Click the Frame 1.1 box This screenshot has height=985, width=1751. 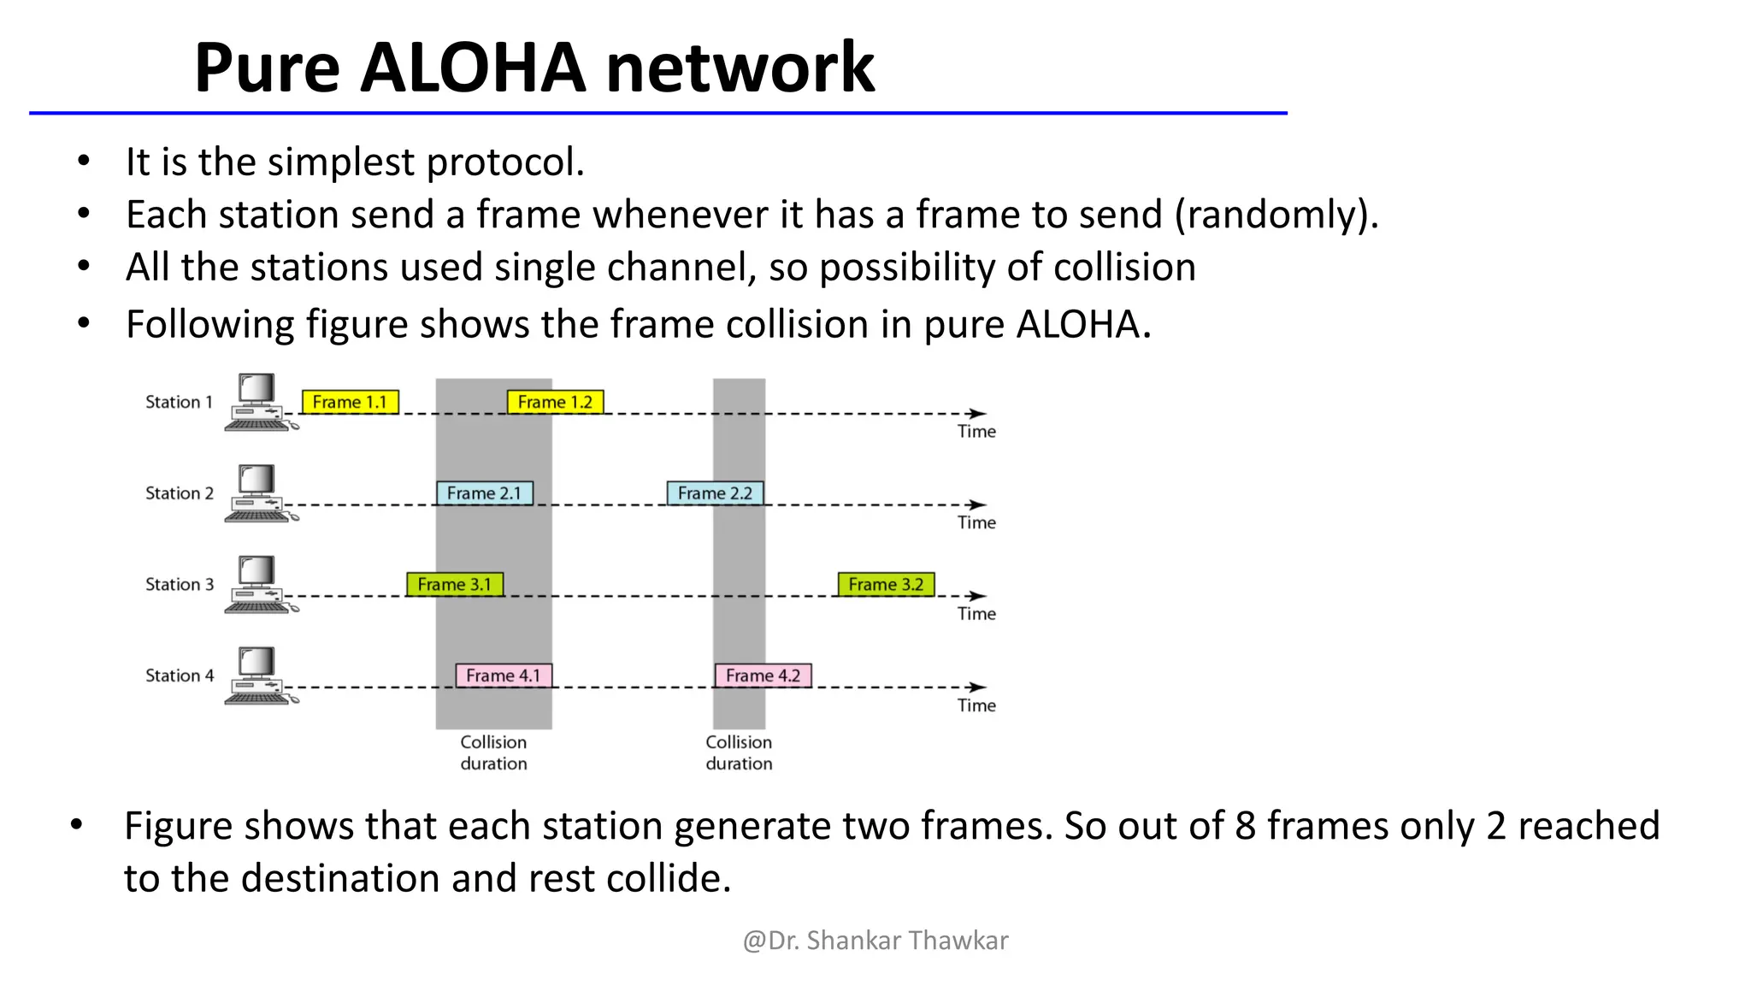350,402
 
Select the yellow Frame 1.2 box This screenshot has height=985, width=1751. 555,402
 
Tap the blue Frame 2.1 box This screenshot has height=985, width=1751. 484,493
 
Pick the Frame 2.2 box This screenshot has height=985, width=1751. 715,493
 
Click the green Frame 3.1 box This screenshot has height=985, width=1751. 454,585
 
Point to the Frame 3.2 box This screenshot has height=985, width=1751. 886,585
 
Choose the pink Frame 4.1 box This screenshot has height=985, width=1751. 503,675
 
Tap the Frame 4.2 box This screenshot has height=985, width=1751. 763,675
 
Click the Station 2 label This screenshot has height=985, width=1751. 179,493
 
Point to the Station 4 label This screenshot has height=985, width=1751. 179,675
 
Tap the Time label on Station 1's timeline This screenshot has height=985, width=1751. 976,432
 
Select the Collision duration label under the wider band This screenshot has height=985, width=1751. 493,752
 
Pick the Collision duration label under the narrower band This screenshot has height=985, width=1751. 739,752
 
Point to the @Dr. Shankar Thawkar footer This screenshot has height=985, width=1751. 875,941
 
